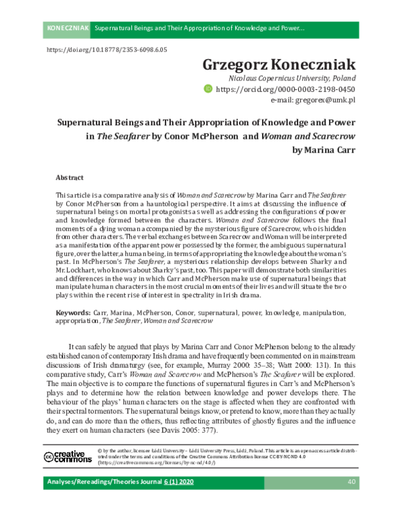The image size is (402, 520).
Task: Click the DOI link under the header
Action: [107, 50]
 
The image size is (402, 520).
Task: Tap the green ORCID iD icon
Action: [208, 88]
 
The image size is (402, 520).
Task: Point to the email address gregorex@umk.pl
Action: [313, 100]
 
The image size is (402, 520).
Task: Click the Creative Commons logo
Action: [67, 456]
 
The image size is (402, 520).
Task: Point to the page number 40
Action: [351, 501]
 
